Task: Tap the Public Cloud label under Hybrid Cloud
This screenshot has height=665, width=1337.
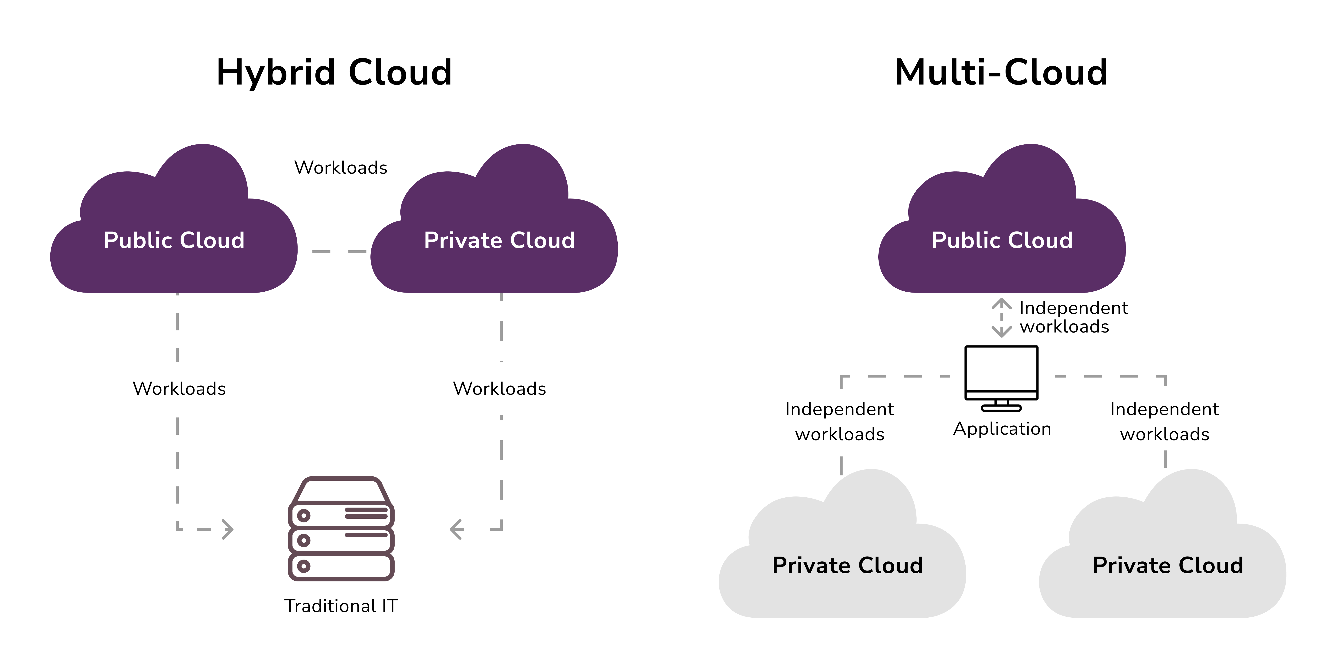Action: point(174,240)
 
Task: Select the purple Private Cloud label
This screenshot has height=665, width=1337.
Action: point(499,240)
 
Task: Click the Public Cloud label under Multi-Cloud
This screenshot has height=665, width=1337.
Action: point(1002,240)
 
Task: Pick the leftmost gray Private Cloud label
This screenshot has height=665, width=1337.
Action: point(847,565)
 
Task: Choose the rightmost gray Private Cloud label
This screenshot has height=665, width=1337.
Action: point(1168,565)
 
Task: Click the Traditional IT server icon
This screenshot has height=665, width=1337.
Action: point(341,528)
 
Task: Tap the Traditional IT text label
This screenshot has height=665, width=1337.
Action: point(341,606)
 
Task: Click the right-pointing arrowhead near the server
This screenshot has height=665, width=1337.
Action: point(227,529)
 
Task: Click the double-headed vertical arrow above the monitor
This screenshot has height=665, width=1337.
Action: point(1001,317)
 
